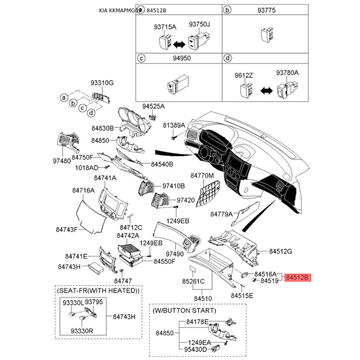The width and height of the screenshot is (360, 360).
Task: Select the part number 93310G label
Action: click(x=102, y=83)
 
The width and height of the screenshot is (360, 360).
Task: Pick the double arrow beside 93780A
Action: click(x=266, y=90)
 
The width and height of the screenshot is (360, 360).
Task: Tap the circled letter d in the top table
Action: click(x=228, y=58)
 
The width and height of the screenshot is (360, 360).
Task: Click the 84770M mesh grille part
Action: click(x=209, y=191)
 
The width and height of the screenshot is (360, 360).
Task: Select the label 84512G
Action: click(x=281, y=251)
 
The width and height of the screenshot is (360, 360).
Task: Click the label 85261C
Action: click(x=193, y=282)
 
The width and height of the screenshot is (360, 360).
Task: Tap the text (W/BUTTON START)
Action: click(x=184, y=310)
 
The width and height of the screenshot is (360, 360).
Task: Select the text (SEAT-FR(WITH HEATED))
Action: click(x=98, y=291)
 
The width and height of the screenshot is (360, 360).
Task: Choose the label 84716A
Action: click(x=83, y=190)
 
